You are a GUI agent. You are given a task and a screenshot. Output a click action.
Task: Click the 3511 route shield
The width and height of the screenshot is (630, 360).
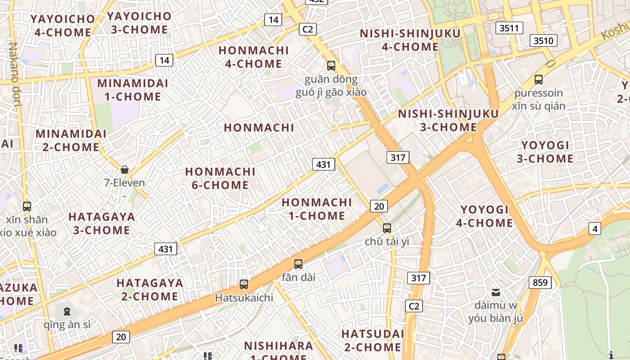[x=509, y=28]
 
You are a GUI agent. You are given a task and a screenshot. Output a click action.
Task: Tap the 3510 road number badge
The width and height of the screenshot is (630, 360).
[x=543, y=40]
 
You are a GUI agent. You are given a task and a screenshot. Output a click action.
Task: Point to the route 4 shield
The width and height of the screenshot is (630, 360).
[x=595, y=229]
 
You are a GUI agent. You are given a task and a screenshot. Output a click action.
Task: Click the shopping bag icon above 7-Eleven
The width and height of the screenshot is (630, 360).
[x=125, y=170]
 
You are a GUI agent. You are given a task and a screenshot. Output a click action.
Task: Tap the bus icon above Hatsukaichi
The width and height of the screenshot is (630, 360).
[x=244, y=284]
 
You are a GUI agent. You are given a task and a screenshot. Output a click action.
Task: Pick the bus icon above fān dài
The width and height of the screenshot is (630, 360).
[x=298, y=264]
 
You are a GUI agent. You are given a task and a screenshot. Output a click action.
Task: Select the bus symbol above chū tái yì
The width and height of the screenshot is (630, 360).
[x=387, y=228]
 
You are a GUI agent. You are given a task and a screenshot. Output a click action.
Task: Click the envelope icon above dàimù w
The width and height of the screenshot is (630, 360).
[x=495, y=292]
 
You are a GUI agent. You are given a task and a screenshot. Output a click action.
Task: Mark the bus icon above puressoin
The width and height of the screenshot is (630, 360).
[x=538, y=80]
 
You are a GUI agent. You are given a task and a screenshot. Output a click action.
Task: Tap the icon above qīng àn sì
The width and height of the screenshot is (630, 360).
[x=67, y=311]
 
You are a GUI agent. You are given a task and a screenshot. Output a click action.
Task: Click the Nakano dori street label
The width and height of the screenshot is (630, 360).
[x=15, y=74]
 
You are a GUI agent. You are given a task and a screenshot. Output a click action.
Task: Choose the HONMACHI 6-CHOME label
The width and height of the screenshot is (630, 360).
[x=220, y=178]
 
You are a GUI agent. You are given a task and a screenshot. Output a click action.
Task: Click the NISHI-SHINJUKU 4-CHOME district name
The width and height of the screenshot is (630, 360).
[x=410, y=40]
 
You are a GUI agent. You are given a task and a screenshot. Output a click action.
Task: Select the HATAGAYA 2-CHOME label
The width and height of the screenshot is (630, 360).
[x=150, y=289]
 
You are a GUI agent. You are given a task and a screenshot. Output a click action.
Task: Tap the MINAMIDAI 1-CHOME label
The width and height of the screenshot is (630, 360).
[x=133, y=90]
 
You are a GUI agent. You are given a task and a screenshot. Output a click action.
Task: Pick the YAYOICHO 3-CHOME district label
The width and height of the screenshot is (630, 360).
[x=139, y=23]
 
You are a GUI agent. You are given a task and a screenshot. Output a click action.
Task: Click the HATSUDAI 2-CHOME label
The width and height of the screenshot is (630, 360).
[x=373, y=340]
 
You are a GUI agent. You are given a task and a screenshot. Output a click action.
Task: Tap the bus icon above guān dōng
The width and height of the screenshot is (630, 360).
[x=331, y=66]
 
